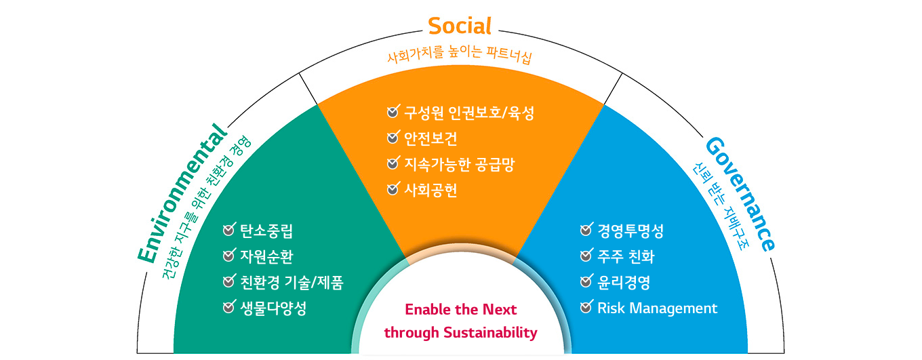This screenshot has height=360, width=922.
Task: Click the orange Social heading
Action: pos(460,26)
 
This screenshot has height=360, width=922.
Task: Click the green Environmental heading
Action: pos(182,193)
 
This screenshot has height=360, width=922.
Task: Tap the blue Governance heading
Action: pos(740,194)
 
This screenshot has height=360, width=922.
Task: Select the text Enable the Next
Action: pos(460,309)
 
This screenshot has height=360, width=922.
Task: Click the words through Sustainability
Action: pos(460,332)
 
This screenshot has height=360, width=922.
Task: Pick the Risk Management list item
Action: pos(658,308)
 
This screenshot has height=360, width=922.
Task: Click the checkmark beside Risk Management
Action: pos(586,306)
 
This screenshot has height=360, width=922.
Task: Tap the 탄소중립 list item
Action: pos(266,231)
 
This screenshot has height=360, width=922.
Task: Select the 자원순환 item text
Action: pos(266,257)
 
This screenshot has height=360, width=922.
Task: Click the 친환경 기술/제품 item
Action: pos(292,283)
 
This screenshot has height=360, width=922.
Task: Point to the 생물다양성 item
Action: pos(273,308)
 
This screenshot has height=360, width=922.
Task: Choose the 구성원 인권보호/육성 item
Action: pos(469,113)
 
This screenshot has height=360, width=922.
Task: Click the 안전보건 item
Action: pos(430,139)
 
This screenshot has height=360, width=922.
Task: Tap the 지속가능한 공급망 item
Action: pos(460,165)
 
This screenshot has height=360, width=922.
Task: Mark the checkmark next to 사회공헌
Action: pos(393,188)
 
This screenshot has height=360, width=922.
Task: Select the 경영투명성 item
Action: pos(630,231)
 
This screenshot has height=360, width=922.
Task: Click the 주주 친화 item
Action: pos(626,257)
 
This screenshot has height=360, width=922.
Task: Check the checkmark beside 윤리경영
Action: pos(586,281)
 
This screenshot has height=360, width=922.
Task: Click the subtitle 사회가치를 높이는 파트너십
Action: pos(460,55)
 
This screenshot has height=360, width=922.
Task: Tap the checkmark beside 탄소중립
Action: pos(229,229)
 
